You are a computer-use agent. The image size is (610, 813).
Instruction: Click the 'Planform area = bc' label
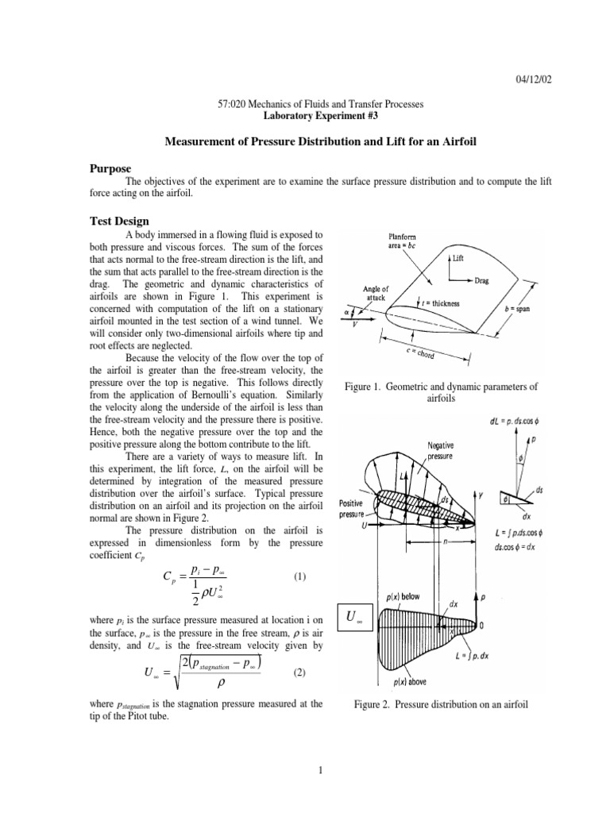[x=406, y=241]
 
